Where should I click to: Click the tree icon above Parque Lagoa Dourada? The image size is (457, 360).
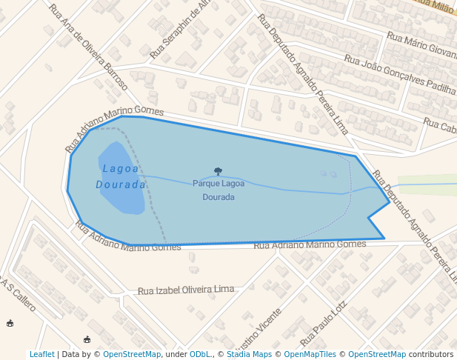point(218,171)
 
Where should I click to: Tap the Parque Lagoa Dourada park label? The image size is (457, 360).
point(219,190)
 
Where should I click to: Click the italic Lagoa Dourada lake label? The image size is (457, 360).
point(120,176)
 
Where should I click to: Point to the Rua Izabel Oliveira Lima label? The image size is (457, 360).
point(186,290)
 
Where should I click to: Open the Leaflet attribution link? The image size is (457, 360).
point(41,354)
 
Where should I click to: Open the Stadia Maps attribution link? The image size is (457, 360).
point(248,354)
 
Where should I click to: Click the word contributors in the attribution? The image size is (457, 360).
point(430,354)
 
